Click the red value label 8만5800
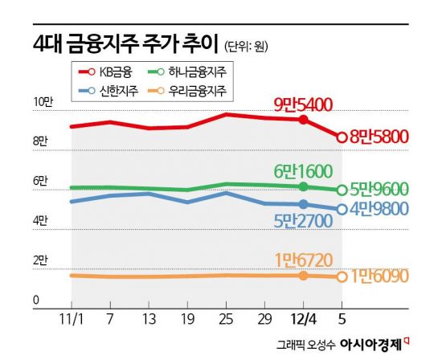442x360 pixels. pos(380,137)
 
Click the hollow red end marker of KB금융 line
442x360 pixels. pos(342,137)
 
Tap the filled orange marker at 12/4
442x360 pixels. pos(303,276)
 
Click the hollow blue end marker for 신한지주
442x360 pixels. pos(342,210)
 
